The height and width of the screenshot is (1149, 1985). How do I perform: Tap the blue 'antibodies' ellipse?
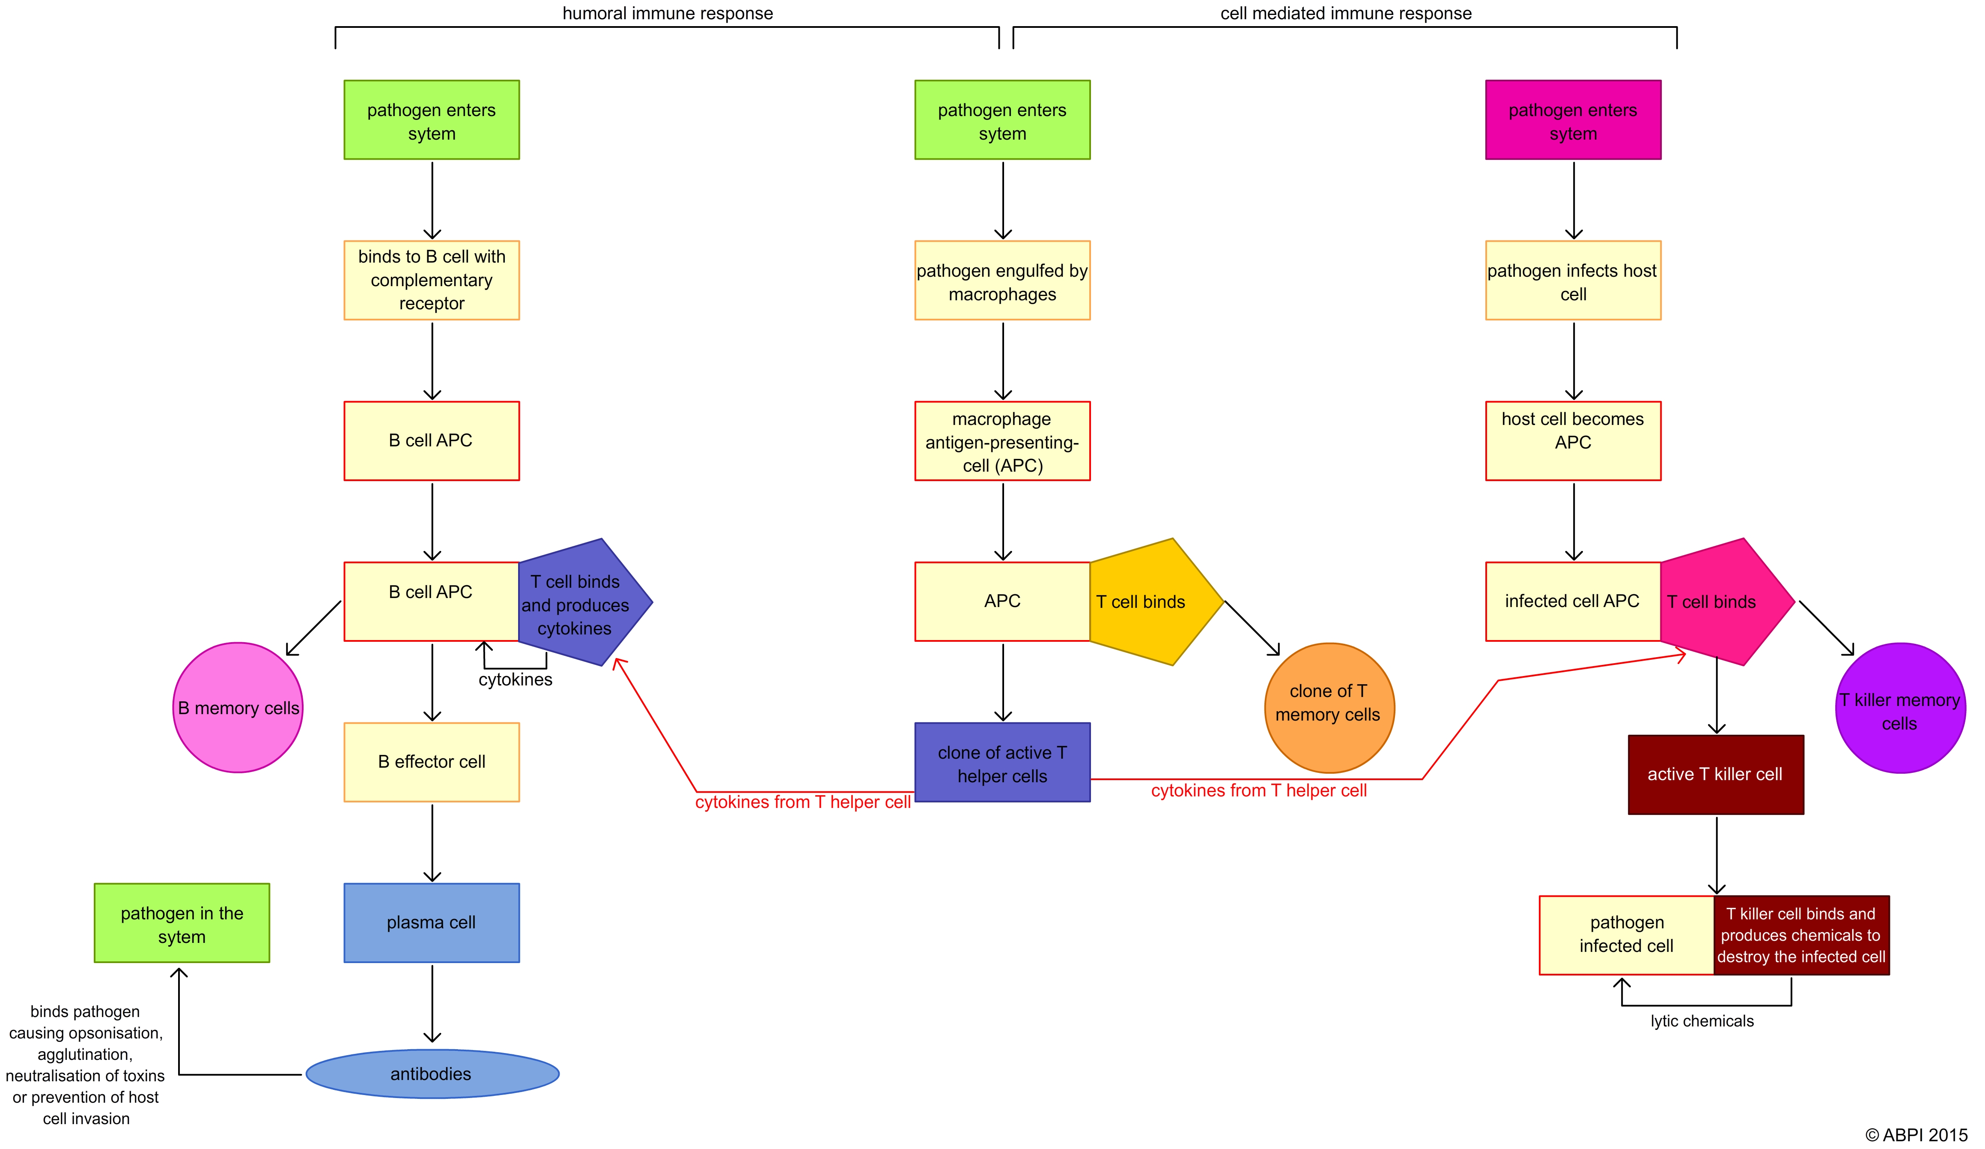pyautogui.click(x=432, y=1073)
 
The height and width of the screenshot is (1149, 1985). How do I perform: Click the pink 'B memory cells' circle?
pyautogui.click(x=238, y=708)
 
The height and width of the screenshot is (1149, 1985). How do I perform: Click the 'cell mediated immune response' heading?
pyautogui.click(x=1345, y=13)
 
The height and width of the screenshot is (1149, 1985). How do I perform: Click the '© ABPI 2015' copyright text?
pyautogui.click(x=1916, y=1135)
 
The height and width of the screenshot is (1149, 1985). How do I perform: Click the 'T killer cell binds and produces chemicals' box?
pyautogui.click(x=1801, y=935)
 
